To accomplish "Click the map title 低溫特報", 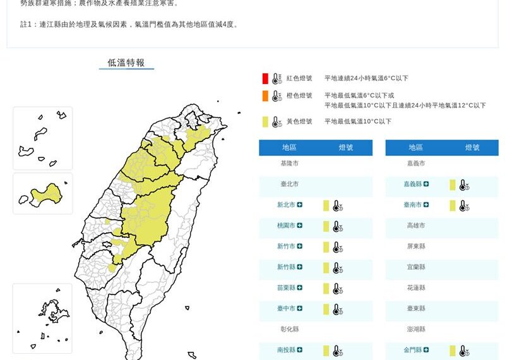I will pyautogui.click(x=126, y=63).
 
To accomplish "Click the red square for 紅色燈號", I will pyautogui.click(x=266, y=78).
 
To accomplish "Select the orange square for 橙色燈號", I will pyautogui.click(x=266, y=96).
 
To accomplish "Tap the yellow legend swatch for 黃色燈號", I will pyautogui.click(x=266, y=121).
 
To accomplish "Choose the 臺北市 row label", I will pyautogui.click(x=290, y=184).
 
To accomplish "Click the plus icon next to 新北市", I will pyautogui.click(x=300, y=205).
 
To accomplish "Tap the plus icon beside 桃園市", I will pyautogui.click(x=300, y=225).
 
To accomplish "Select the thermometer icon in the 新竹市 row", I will pyautogui.click(x=338, y=247).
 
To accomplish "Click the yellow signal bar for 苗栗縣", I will pyautogui.click(x=326, y=288).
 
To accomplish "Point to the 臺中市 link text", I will pyautogui.click(x=286, y=309).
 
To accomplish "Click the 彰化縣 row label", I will pyautogui.click(x=290, y=329).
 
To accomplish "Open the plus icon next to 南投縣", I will pyautogui.click(x=300, y=350).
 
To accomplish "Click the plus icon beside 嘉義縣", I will pyautogui.click(x=427, y=184).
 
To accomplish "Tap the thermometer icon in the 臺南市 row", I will pyautogui.click(x=464, y=205).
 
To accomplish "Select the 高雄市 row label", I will pyautogui.click(x=416, y=225).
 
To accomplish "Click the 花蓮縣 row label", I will pyautogui.click(x=416, y=288).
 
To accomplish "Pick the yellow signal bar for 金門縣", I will pyautogui.click(x=453, y=350).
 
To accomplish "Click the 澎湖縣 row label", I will pyautogui.click(x=416, y=329).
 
